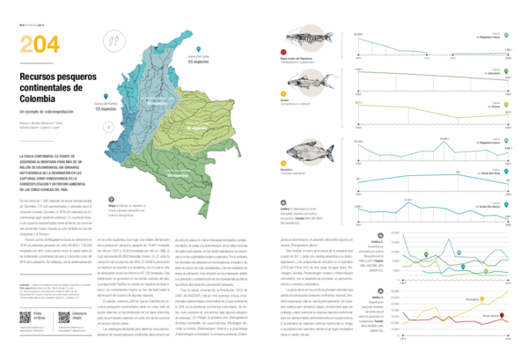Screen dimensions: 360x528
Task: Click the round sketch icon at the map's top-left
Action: pos(111,40)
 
